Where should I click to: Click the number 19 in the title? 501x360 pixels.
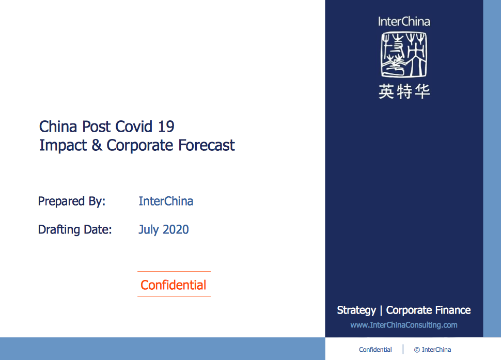[166, 127]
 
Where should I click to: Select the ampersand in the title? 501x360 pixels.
[97, 145]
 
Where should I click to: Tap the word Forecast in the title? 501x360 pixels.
[206, 145]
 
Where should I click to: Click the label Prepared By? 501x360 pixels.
[72, 201]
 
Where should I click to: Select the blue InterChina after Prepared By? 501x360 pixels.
[166, 201]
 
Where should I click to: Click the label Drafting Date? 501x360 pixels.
[75, 230]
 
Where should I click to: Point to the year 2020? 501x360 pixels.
[176, 230]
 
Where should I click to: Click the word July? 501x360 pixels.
[149, 230]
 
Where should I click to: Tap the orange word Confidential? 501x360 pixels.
[173, 285]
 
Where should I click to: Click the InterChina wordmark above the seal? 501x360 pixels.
[404, 22]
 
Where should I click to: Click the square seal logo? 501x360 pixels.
[404, 54]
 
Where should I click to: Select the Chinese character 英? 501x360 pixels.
[386, 91]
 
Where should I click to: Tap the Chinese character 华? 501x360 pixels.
[422, 91]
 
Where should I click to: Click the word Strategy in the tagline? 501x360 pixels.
[356, 310]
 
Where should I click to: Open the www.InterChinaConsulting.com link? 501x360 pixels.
[404, 325]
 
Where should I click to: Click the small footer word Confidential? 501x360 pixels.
[375, 350]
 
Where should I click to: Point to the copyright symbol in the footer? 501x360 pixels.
[417, 350]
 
